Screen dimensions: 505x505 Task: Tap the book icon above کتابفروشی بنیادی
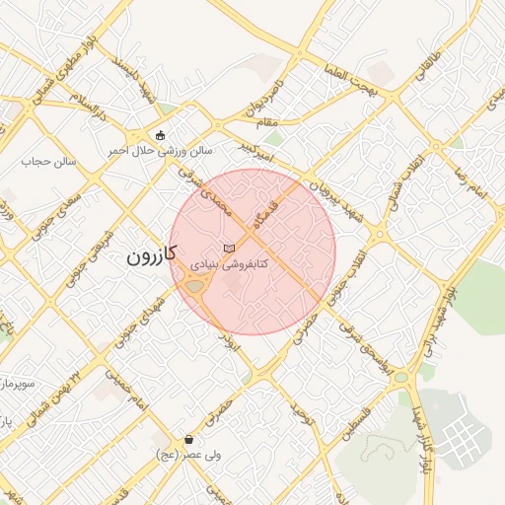click(x=229, y=247)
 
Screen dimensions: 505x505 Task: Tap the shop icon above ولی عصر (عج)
click(x=188, y=440)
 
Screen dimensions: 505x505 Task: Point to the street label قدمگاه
click(x=273, y=213)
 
